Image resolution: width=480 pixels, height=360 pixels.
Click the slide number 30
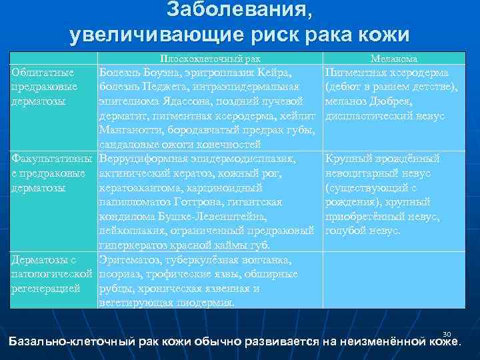[447, 333]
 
